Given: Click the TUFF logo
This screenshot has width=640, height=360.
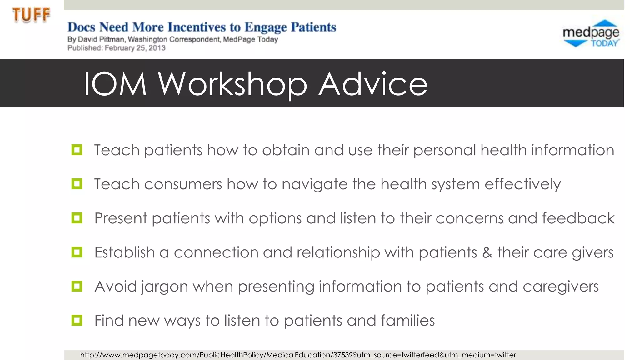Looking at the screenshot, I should (31, 15).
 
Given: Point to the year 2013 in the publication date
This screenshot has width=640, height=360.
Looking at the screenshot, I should (157, 48).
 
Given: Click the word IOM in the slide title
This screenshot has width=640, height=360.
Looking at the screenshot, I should (115, 84).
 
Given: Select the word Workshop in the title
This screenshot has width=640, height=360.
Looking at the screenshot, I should (232, 84).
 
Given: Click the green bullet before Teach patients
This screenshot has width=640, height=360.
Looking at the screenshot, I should (77, 150).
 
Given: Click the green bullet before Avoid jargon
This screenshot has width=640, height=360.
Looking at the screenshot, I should (77, 286).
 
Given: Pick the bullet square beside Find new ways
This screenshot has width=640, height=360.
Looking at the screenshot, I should (77, 320).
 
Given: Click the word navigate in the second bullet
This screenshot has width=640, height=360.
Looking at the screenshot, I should (315, 184).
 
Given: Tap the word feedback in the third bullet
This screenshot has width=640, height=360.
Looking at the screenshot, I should (578, 218).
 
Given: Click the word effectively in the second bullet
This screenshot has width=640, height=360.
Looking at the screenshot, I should (522, 184).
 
